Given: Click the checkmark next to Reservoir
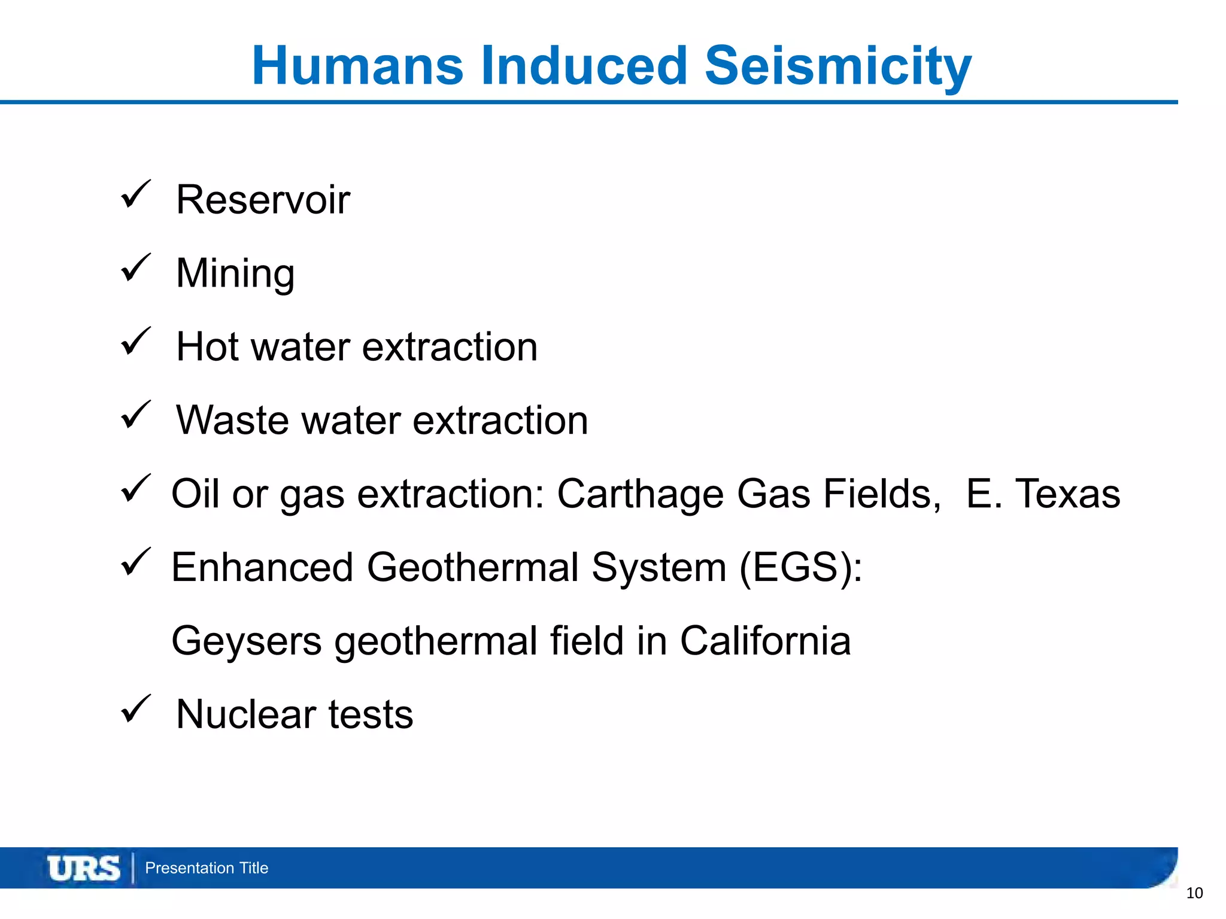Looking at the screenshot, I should pyautogui.click(x=135, y=195).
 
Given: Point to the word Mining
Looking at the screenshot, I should pyautogui.click(x=235, y=273).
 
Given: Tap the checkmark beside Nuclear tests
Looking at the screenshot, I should pyautogui.click(x=135, y=710).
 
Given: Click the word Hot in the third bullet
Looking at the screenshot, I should pyautogui.click(x=207, y=347).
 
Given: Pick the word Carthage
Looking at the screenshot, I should pyautogui.click(x=640, y=494).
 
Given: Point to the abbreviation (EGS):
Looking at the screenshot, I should pyautogui.click(x=801, y=567).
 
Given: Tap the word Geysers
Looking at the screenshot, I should pyautogui.click(x=246, y=641).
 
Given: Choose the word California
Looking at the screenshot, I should pyautogui.click(x=765, y=641).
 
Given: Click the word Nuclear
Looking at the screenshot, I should pyautogui.click(x=246, y=714).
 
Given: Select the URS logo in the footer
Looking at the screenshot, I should pyautogui.click(x=83, y=868).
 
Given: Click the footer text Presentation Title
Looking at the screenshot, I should pyautogui.click(x=207, y=868).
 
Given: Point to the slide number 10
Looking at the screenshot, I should pyautogui.click(x=1194, y=893).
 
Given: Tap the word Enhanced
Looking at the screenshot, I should pyautogui.click(x=262, y=567).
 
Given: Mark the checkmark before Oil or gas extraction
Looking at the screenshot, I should pyautogui.click(x=135, y=489).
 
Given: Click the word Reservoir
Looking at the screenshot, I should pyautogui.click(x=263, y=200).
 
